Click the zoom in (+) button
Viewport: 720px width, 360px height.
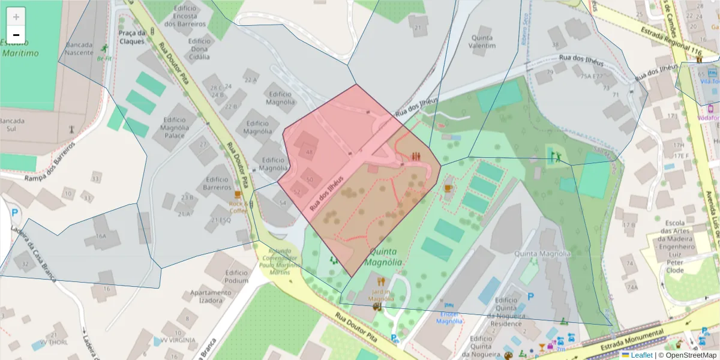(x=16, y=17)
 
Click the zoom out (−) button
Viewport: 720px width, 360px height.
(x=16, y=35)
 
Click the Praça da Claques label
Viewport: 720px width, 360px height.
(x=132, y=37)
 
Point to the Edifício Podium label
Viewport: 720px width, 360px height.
(x=236, y=277)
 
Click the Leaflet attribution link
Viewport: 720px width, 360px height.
(x=641, y=355)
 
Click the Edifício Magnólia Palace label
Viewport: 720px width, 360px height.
(x=175, y=127)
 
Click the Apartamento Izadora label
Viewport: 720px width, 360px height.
(x=211, y=296)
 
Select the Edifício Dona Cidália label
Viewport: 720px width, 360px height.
(x=199, y=49)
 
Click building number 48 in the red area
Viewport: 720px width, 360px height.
(x=310, y=153)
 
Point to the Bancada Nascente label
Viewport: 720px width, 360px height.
(x=79, y=49)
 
